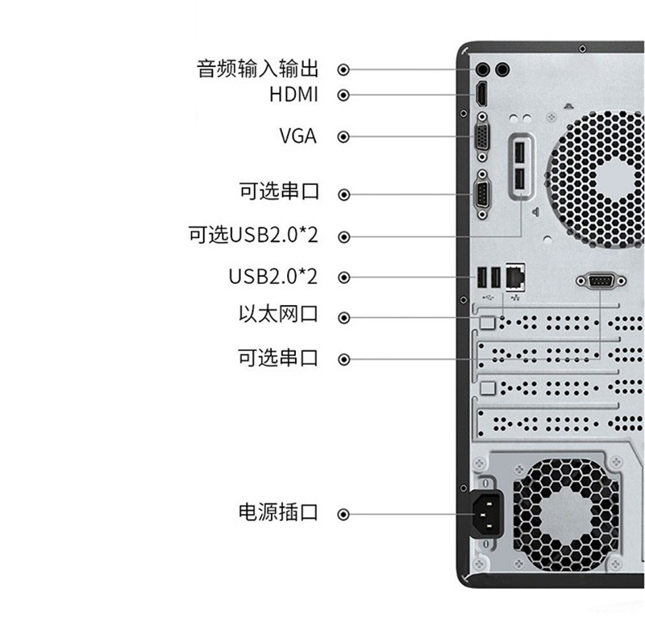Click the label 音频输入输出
pos(257,69)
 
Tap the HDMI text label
pos(293,94)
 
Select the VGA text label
pos(298,136)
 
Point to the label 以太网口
pos(278,314)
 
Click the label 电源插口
pos(278,512)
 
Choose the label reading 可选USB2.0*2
pos(253,235)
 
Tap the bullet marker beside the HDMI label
pos(343,95)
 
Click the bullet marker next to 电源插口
pos(343,515)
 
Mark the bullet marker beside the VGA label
pos(343,136)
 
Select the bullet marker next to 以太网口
pos(343,318)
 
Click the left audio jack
pos(482,69)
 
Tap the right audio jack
pos(502,69)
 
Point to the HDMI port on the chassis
pos(481,94)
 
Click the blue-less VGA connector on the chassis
pos(482,137)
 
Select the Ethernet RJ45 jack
pos(515,277)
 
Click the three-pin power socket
pos(487,514)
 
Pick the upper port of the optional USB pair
pos(519,152)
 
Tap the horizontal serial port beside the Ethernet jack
pos(601,281)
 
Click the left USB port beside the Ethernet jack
pos(481,277)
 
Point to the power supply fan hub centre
pos(567,515)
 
